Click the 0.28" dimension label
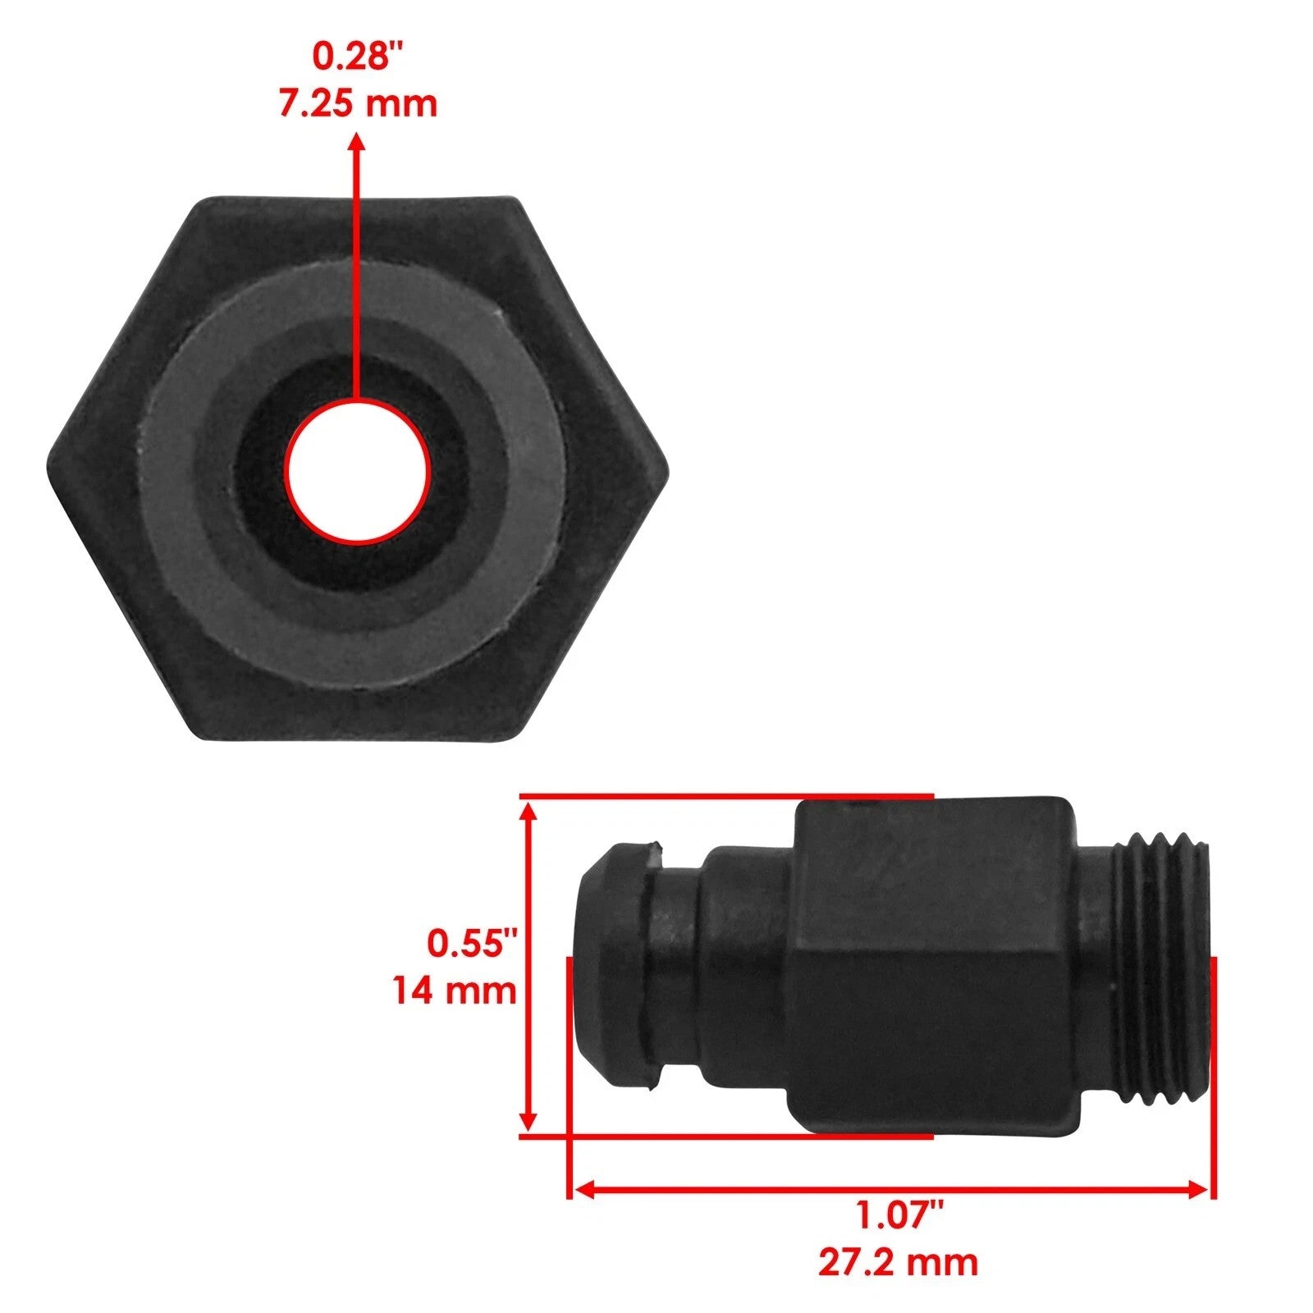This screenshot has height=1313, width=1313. tap(359, 57)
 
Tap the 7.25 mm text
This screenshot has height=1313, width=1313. tap(359, 105)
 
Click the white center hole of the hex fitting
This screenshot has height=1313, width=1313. tap(358, 471)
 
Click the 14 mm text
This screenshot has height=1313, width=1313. tap(454, 990)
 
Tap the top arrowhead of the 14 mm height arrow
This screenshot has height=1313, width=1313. tap(529, 812)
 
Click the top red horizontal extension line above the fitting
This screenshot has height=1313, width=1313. tap(726, 796)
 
